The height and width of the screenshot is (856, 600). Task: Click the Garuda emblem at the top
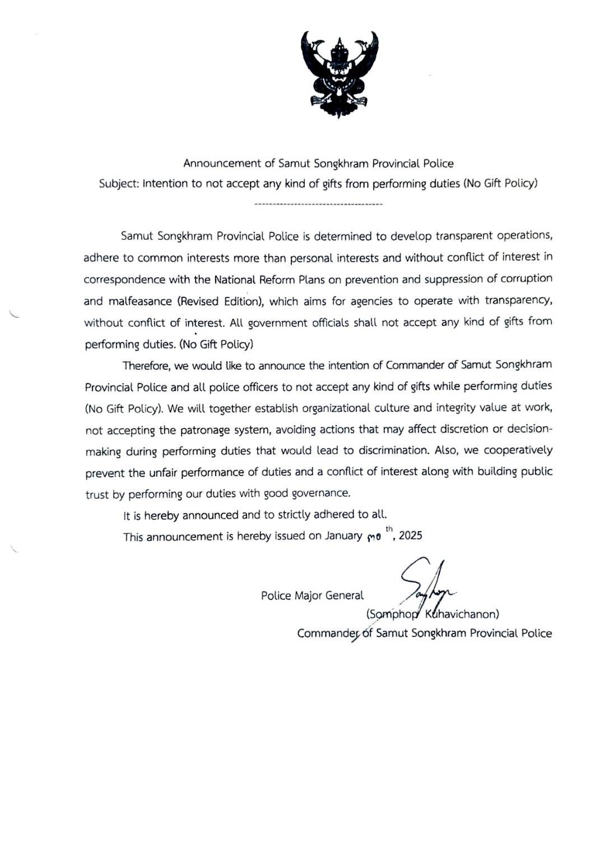[339, 73]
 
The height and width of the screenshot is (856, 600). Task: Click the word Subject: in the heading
[119, 184]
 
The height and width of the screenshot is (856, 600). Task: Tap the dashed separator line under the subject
[318, 204]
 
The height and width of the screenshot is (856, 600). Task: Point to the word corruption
[523, 279]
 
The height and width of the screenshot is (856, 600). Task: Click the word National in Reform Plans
[235, 280]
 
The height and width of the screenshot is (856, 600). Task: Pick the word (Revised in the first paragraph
[199, 301]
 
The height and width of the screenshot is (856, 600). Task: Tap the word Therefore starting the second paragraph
[147, 366]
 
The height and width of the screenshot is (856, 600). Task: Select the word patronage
[205, 430]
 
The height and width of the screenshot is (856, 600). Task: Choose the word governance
[321, 494]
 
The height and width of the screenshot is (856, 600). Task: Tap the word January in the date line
[343, 536]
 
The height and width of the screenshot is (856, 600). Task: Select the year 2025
[411, 536]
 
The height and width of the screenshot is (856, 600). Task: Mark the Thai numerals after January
[374, 537]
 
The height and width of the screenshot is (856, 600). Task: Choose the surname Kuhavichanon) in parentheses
[462, 614]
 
